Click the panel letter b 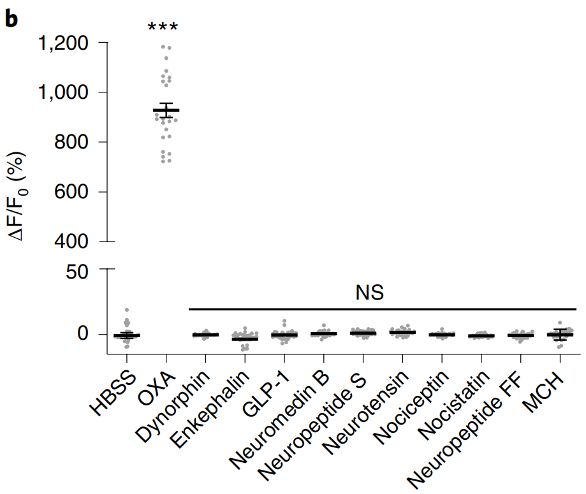coord(11,18)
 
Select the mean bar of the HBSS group coord(127,335)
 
